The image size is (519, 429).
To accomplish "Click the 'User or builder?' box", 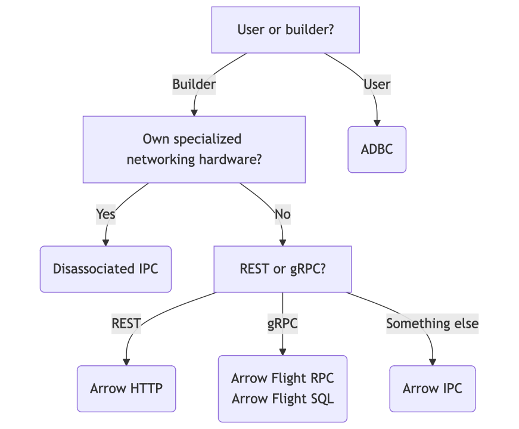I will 285,30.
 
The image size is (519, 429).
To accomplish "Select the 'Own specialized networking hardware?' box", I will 194,149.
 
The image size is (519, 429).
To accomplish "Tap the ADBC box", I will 377,149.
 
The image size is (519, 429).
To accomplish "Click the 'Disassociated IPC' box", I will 105,269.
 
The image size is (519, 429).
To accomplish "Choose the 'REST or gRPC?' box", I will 282,269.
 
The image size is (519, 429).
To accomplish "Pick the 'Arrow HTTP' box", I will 126,388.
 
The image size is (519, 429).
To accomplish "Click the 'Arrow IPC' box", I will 432,388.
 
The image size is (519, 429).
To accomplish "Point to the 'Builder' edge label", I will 194,85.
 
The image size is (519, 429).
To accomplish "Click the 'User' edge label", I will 377,85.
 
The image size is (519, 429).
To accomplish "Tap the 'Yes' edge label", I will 105,213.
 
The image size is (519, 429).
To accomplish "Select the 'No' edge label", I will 282,213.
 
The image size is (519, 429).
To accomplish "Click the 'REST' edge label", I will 126,324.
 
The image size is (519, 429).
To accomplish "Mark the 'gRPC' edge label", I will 282,324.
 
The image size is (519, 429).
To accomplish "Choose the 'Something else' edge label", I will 432,324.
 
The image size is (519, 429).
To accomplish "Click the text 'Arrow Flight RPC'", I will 282,378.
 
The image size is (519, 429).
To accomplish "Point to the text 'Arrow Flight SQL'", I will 282,399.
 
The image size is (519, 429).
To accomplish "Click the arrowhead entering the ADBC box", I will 377,123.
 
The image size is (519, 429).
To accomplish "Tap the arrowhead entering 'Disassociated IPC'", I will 105,243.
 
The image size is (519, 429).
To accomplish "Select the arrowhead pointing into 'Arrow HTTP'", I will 126,362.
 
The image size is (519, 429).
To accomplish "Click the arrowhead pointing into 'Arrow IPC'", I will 432,362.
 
